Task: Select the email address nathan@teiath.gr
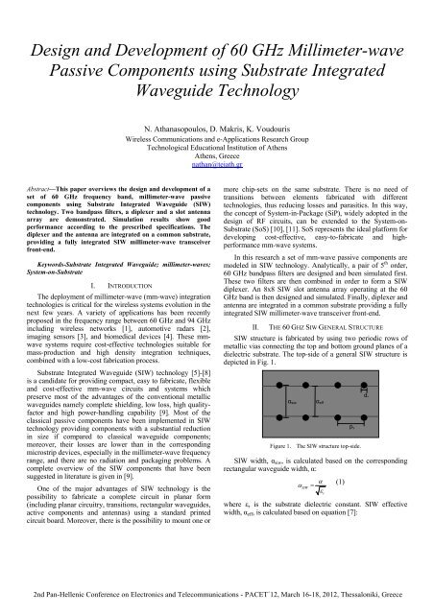tap(216, 164)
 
